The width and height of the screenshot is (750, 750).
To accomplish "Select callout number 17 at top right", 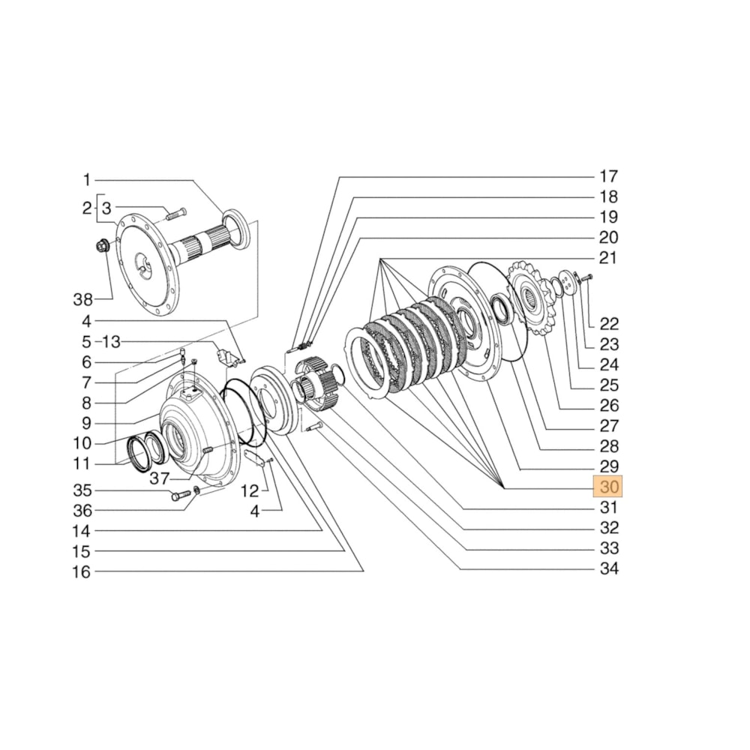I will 608,177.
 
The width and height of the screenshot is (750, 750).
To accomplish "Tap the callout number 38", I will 83,300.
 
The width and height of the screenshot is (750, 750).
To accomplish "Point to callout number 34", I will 608,568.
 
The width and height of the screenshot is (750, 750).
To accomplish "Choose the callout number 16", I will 82,572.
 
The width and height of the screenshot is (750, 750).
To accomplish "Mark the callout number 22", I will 608,324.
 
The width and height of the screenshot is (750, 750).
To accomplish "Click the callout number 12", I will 249,491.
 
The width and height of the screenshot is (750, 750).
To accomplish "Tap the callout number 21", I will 608,259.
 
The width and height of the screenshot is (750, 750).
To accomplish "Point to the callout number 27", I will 608,426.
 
